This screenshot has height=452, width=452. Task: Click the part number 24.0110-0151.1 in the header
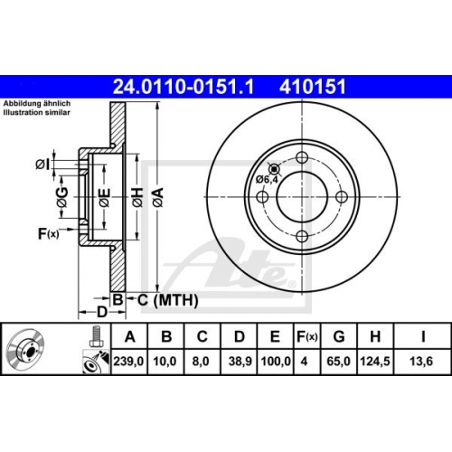(184, 87)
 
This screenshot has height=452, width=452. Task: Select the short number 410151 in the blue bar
(313, 87)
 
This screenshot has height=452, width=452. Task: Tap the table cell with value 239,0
(128, 361)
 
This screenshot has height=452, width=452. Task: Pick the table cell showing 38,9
(240, 361)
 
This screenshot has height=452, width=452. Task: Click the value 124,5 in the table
(375, 361)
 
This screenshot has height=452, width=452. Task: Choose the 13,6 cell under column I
(421, 361)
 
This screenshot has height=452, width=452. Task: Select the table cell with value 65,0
(339, 361)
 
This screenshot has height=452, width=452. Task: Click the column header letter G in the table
(339, 336)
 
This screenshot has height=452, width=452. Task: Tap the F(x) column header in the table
(306, 336)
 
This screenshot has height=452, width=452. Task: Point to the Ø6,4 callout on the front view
(267, 180)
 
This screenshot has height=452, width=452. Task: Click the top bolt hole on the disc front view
(302, 157)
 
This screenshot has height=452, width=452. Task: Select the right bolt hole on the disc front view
(342, 197)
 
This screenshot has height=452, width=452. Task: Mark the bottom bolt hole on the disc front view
(302, 236)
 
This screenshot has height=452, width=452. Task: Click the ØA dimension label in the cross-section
(158, 197)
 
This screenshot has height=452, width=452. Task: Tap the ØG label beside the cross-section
(62, 197)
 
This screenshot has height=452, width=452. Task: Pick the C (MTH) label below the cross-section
(168, 300)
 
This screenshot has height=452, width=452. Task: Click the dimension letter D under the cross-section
(102, 312)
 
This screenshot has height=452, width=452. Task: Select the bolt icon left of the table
(96, 336)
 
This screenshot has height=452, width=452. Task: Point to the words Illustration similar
(37, 113)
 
